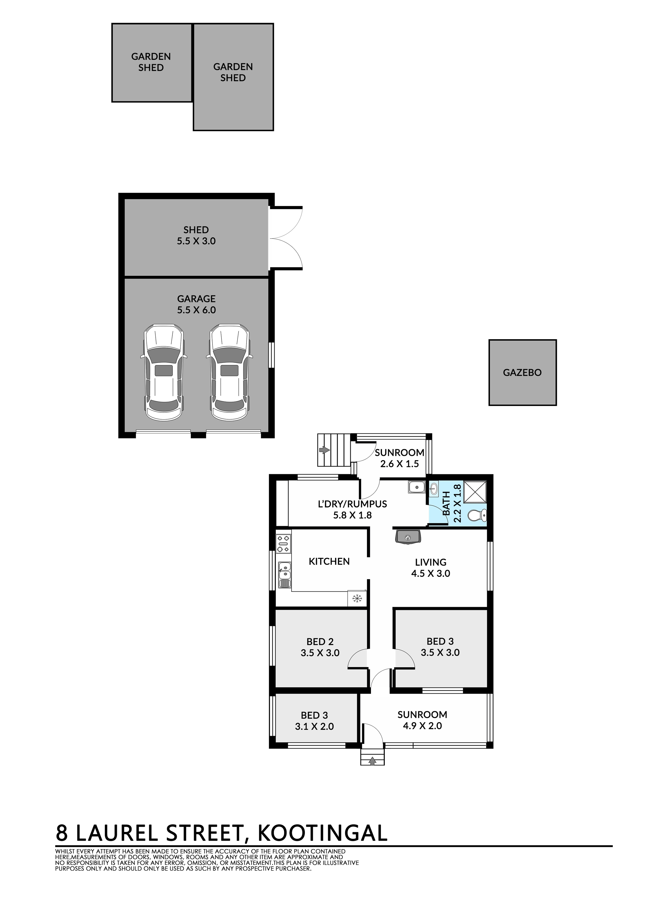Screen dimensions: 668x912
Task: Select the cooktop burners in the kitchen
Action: (x=283, y=543)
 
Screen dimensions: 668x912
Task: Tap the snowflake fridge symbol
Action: (x=357, y=599)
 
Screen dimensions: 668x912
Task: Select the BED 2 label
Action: (x=320, y=641)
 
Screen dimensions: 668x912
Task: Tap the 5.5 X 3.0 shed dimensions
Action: (x=196, y=241)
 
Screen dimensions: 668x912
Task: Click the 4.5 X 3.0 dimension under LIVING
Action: (x=431, y=573)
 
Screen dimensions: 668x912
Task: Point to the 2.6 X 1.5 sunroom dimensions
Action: (x=400, y=464)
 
